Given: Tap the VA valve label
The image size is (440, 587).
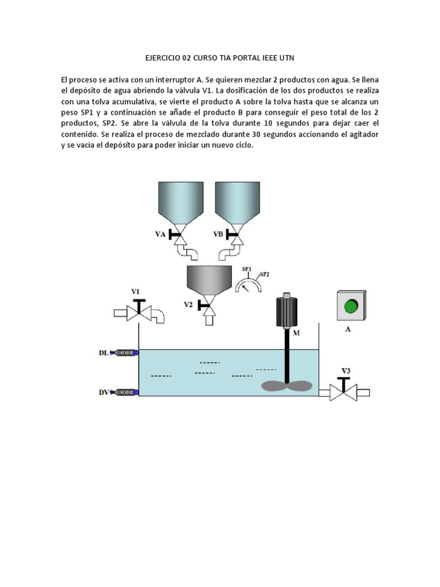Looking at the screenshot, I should (161, 234).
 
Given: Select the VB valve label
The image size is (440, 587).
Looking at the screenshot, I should (218, 234).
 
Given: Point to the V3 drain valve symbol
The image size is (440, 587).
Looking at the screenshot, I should (344, 392).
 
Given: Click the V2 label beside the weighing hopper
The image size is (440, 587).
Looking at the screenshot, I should (188, 305).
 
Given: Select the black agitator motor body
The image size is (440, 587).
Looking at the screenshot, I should (285, 312).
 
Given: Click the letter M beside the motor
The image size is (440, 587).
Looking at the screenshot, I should (296, 333).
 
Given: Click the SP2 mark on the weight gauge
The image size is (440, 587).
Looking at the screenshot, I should (265, 275).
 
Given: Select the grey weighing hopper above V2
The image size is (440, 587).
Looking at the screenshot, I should (209, 279).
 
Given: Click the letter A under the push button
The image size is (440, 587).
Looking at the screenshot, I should (348, 330).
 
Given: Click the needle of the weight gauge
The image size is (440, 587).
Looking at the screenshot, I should (246, 282).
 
